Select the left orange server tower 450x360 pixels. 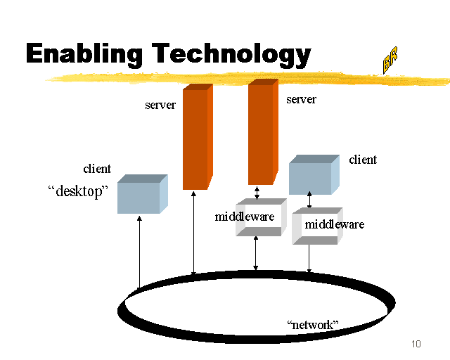196,137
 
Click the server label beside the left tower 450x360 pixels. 160,105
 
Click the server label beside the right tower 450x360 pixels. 301,100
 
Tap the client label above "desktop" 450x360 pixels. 97,169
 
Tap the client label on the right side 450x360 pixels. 363,160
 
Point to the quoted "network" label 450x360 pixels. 313,325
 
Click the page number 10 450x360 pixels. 416,344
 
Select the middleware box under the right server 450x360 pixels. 259,217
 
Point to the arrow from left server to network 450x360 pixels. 194,232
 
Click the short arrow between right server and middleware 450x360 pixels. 257,192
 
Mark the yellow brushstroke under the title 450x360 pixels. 211,75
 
